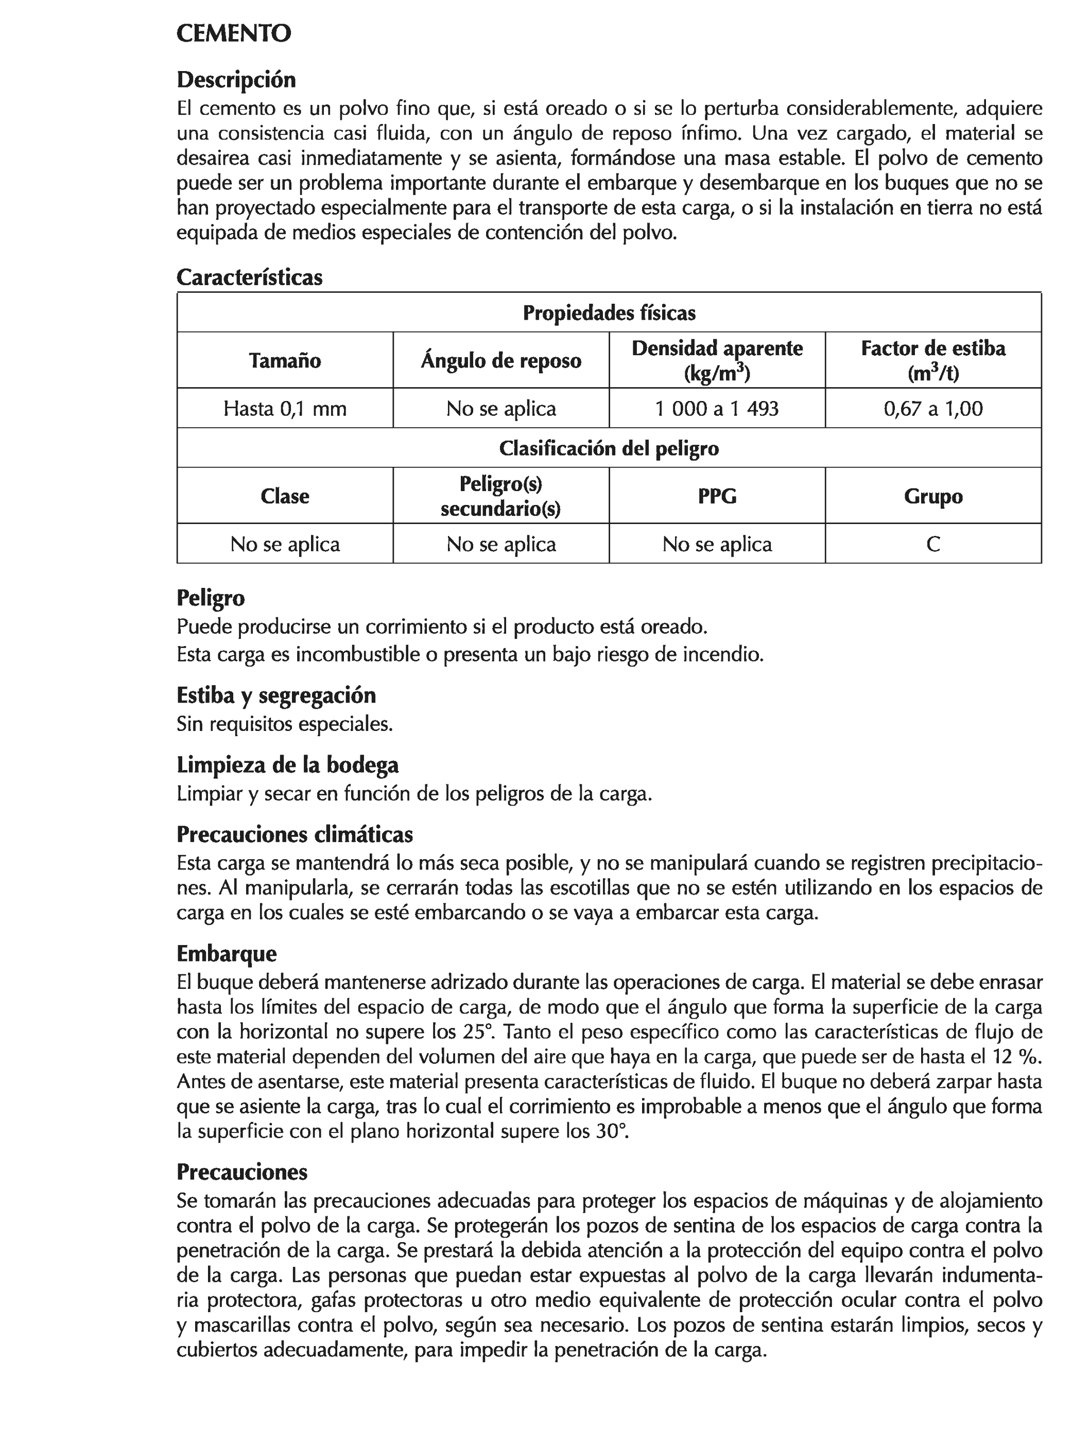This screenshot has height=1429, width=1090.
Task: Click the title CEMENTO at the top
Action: [234, 34]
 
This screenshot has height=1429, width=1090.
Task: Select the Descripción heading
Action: [236, 80]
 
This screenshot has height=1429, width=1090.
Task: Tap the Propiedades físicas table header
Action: [609, 313]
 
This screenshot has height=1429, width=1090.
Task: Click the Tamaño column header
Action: [285, 361]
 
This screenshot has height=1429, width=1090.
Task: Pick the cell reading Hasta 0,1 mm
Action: [285, 409]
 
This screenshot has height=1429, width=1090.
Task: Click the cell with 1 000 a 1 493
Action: [717, 409]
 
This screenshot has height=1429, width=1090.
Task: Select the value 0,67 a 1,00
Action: [933, 409]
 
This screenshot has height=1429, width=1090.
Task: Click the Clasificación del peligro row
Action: [609, 449]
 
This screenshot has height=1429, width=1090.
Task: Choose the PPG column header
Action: [717, 496]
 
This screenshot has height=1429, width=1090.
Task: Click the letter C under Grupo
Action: [933, 544]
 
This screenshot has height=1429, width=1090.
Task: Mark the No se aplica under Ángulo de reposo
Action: [501, 409]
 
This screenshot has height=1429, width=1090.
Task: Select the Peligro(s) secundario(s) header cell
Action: [501, 496]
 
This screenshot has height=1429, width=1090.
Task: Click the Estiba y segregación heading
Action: [276, 695]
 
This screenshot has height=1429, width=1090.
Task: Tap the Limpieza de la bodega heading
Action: [287, 765]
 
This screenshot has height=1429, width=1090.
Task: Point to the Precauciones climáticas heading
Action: [295, 834]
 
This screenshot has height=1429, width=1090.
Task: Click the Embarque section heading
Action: [227, 953]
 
